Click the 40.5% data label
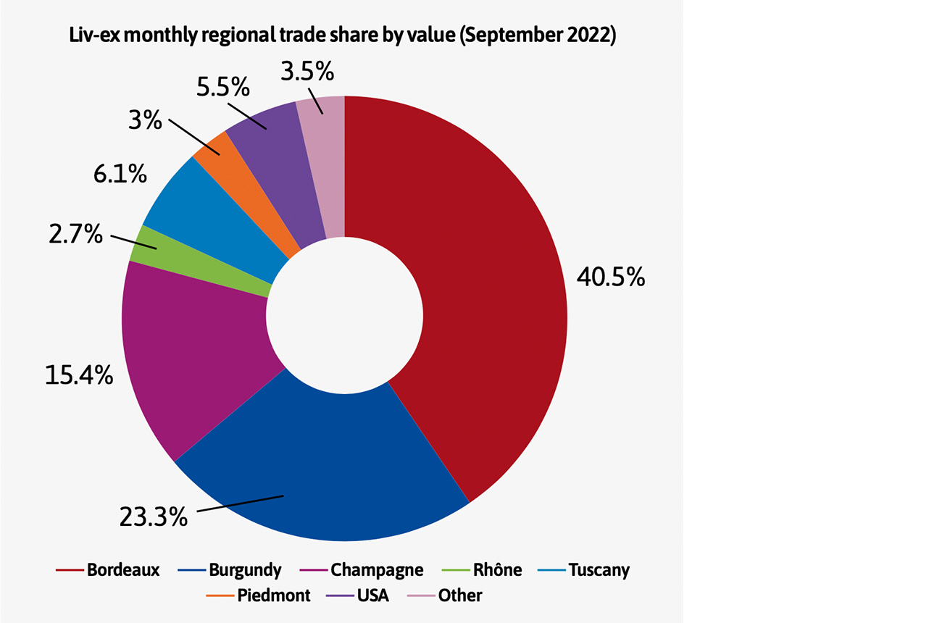click(x=610, y=277)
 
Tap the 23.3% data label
click(x=154, y=517)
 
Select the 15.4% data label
click(x=79, y=375)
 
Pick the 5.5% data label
click(x=222, y=88)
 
